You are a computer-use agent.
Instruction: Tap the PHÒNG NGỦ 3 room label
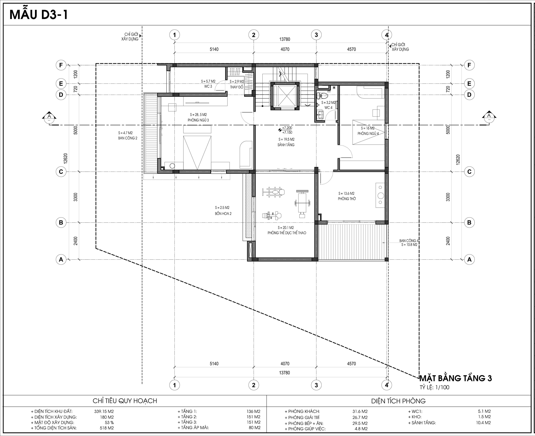[x=198, y=120]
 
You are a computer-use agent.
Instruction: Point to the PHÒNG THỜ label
[x=347, y=199]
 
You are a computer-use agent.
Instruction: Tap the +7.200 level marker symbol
[x=279, y=130]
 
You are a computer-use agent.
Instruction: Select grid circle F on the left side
[x=61, y=65]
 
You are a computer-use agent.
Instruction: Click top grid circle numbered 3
[x=316, y=35]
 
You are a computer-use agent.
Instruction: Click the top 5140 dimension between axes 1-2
[x=214, y=49]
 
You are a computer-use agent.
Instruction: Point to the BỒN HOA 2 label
[x=223, y=214]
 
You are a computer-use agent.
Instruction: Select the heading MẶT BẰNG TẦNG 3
[x=455, y=378]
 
